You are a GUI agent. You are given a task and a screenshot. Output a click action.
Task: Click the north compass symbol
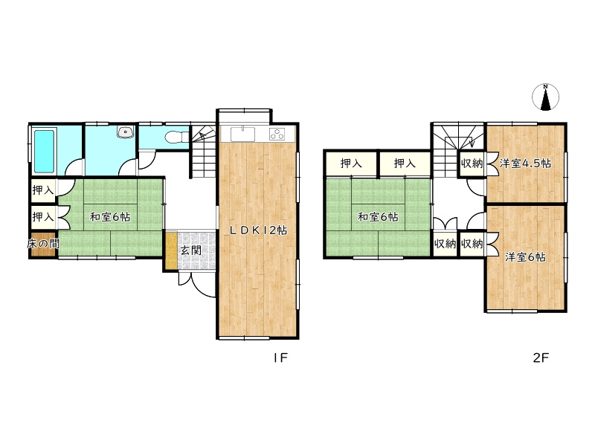545,97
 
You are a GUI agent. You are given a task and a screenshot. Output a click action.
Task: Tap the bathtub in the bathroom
44,152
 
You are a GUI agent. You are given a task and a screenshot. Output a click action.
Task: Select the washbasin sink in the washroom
125,132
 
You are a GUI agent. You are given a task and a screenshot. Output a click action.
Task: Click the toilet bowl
177,137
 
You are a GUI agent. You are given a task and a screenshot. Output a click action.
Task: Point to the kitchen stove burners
277,135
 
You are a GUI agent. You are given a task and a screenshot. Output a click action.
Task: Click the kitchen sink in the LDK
243,135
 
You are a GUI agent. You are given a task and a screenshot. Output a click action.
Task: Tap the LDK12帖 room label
258,230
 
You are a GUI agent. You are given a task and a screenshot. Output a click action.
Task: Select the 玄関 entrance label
191,251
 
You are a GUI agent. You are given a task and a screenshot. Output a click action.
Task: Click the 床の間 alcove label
43,244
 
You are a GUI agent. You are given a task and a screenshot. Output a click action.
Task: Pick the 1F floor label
280,358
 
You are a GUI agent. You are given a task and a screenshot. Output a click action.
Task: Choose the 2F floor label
541,358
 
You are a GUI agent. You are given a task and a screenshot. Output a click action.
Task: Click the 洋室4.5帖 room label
525,164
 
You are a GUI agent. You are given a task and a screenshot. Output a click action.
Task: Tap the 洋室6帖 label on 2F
525,257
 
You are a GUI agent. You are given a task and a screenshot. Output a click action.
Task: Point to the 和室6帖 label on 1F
110,217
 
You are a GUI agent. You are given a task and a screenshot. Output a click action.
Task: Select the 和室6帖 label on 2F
379,217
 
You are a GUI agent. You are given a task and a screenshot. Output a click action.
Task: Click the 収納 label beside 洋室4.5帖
472,164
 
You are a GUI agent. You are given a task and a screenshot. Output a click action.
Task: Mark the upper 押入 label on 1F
43,190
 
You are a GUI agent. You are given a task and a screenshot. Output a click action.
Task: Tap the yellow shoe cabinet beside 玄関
172,251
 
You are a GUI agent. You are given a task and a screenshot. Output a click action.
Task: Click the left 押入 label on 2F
351,164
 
